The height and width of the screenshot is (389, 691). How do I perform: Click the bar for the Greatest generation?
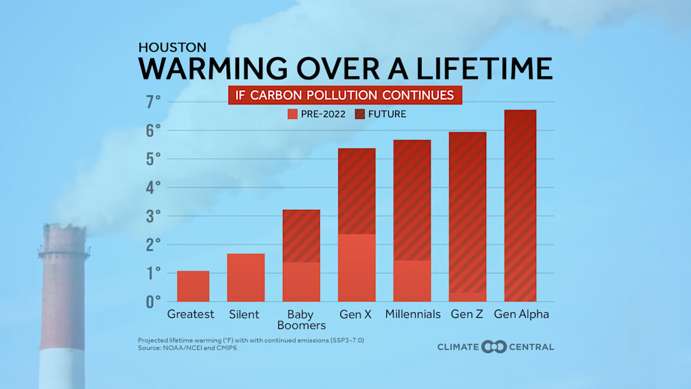click(193, 286)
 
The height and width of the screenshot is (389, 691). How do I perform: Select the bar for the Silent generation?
click(246, 278)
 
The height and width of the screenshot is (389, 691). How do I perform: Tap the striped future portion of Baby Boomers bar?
click(301, 235)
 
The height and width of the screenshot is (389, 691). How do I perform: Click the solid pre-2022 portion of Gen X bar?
click(356, 267)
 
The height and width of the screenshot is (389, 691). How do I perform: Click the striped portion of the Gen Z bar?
click(467, 212)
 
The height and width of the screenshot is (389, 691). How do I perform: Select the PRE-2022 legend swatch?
click(293, 114)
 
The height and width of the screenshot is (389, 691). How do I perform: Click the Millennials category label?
click(413, 314)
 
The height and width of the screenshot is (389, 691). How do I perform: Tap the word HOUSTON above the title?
click(172, 47)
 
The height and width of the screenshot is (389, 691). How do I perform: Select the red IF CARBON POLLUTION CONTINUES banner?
click(345, 95)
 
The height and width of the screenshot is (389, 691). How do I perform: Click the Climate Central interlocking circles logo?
click(494, 347)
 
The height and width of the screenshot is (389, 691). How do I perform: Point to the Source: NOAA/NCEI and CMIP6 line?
click(191, 348)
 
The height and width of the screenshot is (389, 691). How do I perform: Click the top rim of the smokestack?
click(63, 228)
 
